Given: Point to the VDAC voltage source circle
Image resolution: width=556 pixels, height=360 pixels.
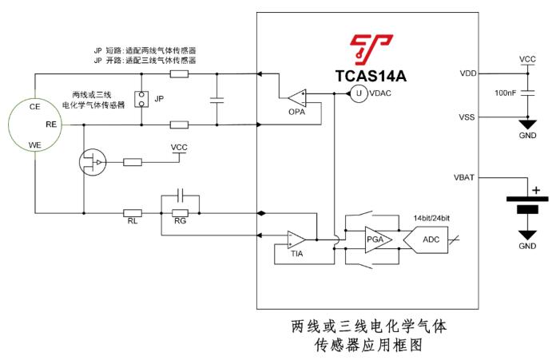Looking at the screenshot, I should (x=359, y=94).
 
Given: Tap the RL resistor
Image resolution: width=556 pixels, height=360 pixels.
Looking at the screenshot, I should (x=133, y=213).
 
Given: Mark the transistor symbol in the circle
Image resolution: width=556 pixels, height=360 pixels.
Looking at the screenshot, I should (x=94, y=163).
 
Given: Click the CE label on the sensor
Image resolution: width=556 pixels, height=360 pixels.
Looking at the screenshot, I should (x=34, y=106).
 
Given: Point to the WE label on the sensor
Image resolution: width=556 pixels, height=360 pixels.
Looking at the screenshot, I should (x=34, y=145).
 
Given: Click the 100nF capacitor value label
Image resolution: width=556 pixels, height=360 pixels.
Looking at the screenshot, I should (x=506, y=93).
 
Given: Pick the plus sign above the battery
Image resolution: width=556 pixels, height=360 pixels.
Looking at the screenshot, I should (x=535, y=190).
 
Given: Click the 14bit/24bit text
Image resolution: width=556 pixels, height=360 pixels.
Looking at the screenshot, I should (x=432, y=217).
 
